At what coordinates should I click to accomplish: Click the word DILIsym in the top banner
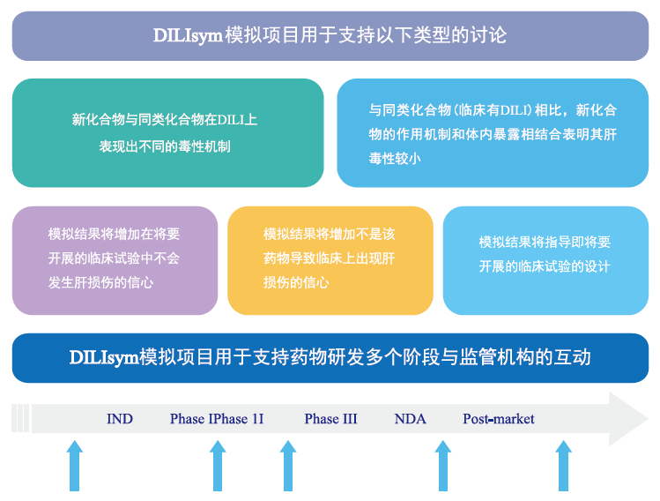pyautogui.click(x=188, y=36)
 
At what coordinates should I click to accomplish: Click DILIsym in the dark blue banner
pyautogui.click(x=103, y=357)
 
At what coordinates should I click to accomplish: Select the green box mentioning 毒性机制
pyautogui.click(x=167, y=132)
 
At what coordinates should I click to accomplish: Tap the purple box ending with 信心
pyautogui.click(x=115, y=259)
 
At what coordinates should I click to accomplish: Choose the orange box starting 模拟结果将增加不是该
pyautogui.click(x=330, y=259)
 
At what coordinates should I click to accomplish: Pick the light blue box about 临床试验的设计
pyautogui.click(x=545, y=259)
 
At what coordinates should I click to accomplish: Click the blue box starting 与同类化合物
pyautogui.click(x=492, y=132)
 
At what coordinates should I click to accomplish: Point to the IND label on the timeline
pyautogui.click(x=120, y=419)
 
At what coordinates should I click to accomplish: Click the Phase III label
pyautogui.click(x=330, y=419)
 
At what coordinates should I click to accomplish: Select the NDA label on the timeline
pyautogui.click(x=410, y=419)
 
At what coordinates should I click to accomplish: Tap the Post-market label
pyautogui.click(x=499, y=419)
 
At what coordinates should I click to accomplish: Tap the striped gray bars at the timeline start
pyautogui.click(x=20, y=418)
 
